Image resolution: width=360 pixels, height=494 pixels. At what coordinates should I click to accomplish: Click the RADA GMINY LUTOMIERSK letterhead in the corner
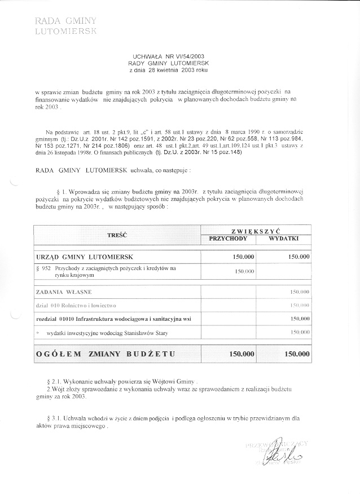point(65,26)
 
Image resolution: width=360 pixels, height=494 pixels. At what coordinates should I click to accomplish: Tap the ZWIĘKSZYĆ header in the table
point(256,231)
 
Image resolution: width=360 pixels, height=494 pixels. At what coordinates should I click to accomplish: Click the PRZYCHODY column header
point(229,239)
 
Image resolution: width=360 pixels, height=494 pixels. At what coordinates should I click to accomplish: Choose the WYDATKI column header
point(284,239)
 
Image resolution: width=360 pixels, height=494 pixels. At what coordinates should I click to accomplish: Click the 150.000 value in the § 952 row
point(244,271)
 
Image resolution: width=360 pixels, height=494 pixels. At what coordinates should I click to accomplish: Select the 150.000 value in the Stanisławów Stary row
point(299,333)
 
